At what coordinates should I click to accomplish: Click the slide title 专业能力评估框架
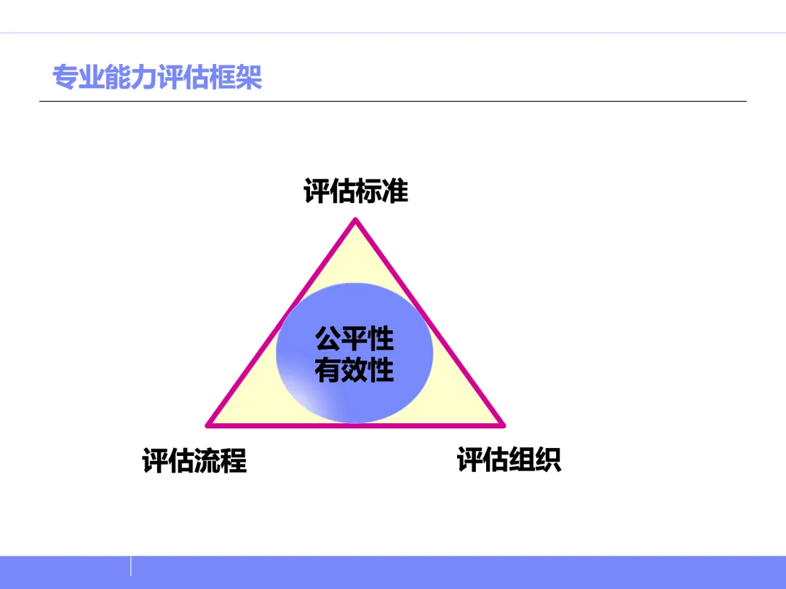click(157, 77)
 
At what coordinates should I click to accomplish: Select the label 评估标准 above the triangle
click(356, 191)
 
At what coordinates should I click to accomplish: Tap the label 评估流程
click(194, 461)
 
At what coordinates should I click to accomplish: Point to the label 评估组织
click(509, 460)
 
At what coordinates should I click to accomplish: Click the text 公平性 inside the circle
click(354, 339)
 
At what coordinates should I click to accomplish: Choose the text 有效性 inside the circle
click(354, 370)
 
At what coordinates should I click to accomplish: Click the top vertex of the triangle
click(355, 221)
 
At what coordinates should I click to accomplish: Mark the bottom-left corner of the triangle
click(209, 424)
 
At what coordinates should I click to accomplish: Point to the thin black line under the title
click(393, 101)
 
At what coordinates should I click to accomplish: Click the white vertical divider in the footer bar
click(131, 566)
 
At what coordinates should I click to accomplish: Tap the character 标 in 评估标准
click(369, 191)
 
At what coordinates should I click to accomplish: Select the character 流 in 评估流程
click(207, 461)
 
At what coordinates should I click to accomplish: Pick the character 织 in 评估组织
click(548, 460)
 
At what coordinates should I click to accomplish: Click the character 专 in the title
click(65, 77)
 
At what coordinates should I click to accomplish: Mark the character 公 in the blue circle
click(328, 339)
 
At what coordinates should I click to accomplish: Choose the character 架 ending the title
click(249, 77)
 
